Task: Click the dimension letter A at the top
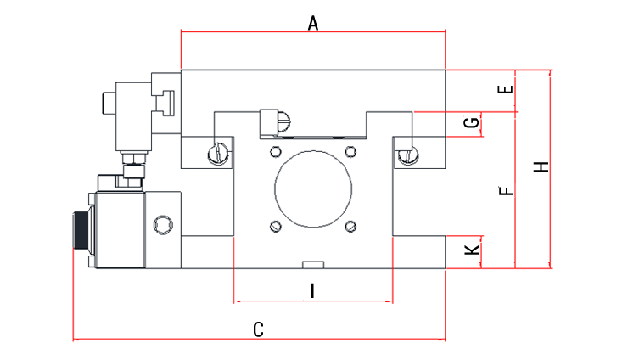coord(312,24)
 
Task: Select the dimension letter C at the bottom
coord(261,329)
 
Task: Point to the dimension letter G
coord(473,124)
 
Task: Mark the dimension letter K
coord(473,250)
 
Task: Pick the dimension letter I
coord(312,290)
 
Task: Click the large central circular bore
coord(312,188)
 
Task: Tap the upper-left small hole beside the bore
coord(274,151)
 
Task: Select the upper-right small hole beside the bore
coord(350,151)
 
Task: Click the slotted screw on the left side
coord(218,154)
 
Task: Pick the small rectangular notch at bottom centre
coord(312,264)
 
